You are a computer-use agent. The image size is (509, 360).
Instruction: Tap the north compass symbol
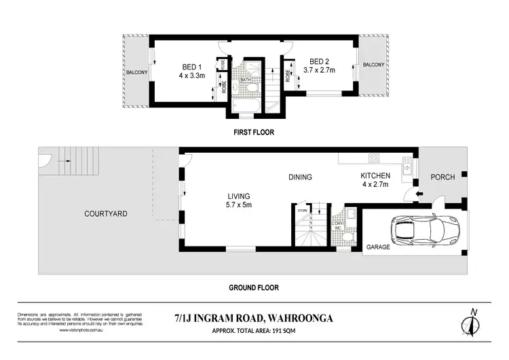click(472, 323)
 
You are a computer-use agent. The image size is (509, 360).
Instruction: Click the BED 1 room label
click(192, 67)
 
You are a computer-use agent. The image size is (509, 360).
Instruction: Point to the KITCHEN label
click(375, 176)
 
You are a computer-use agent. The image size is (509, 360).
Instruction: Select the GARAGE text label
click(379, 247)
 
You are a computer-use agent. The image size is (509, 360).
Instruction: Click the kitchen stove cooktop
click(373, 159)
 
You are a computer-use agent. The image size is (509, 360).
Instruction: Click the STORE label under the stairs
click(302, 210)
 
